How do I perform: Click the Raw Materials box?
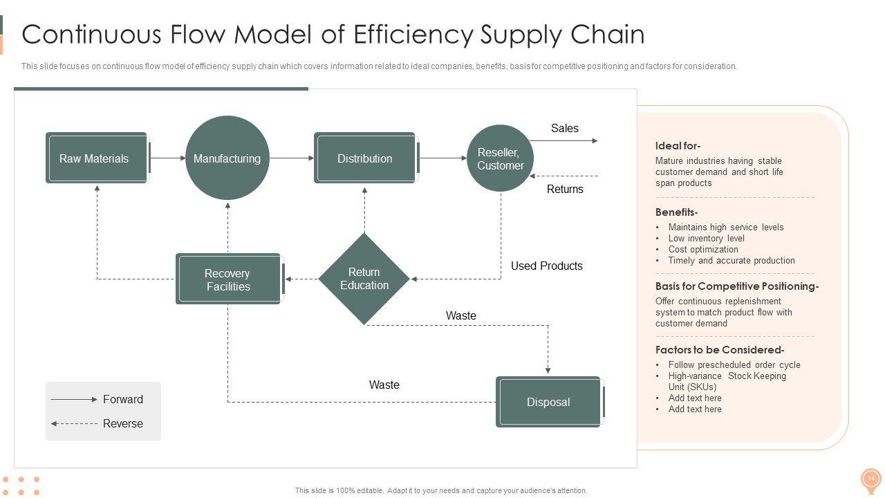[96, 158]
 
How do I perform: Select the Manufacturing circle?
[227, 158]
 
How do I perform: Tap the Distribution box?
[365, 158]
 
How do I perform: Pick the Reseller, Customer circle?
[501, 158]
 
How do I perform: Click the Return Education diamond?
[364, 279]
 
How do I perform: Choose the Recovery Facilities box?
[228, 279]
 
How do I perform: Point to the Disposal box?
[548, 402]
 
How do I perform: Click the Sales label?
[565, 129]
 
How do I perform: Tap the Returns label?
[565, 190]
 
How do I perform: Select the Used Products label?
[546, 266]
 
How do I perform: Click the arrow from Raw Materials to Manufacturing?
[167, 158]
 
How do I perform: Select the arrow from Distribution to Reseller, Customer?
[442, 158]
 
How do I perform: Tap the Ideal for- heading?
[678, 146]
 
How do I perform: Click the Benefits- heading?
[676, 212]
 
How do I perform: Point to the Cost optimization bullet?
[703, 250]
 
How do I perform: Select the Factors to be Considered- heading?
[719, 350]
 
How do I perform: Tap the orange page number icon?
[870, 479]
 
